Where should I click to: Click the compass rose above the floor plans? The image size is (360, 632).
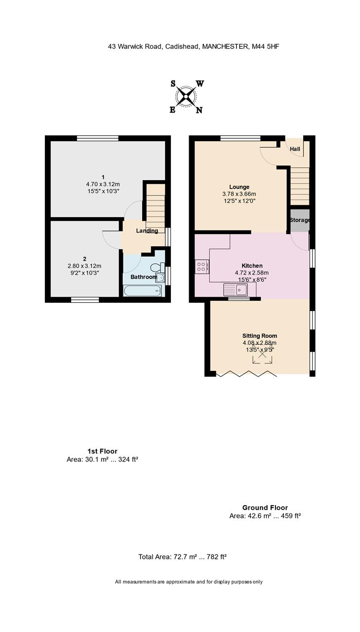point(186,97)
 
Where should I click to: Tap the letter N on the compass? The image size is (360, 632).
point(199,110)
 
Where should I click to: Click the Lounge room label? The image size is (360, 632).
point(239,187)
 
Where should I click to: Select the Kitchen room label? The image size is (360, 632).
point(252,266)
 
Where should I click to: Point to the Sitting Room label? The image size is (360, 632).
point(260,336)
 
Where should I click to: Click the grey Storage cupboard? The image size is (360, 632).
point(300,220)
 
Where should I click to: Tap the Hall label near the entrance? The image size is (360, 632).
point(295,149)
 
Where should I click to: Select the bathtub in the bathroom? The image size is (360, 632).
point(143,291)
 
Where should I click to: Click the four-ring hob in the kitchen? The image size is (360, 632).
point(201,266)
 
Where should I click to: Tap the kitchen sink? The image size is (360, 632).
point(236,289)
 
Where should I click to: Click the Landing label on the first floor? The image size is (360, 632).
point(147,231)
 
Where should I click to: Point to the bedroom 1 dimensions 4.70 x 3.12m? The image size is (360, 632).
point(103,184)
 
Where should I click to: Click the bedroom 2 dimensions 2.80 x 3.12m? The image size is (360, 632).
point(84,266)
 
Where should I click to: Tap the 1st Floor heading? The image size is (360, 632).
point(102,451)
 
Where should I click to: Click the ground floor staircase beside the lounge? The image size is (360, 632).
point(300,186)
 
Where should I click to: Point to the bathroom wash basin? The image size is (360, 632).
point(160,277)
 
